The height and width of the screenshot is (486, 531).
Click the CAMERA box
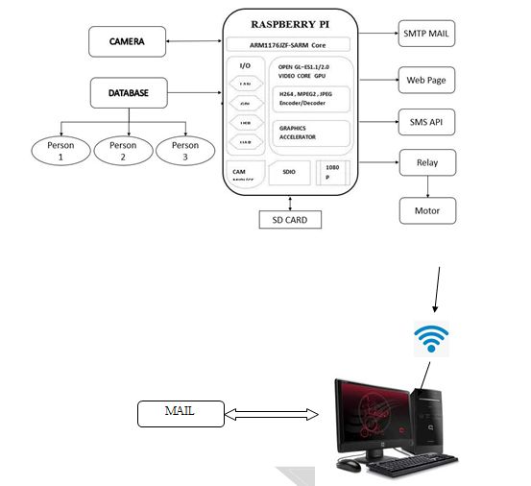[x=128, y=41]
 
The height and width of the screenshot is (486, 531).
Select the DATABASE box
[x=128, y=93]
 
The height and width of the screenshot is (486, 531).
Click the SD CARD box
[x=289, y=219]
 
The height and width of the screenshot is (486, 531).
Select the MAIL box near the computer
[x=181, y=414]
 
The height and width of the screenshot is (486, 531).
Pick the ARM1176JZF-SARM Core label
[x=287, y=44]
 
